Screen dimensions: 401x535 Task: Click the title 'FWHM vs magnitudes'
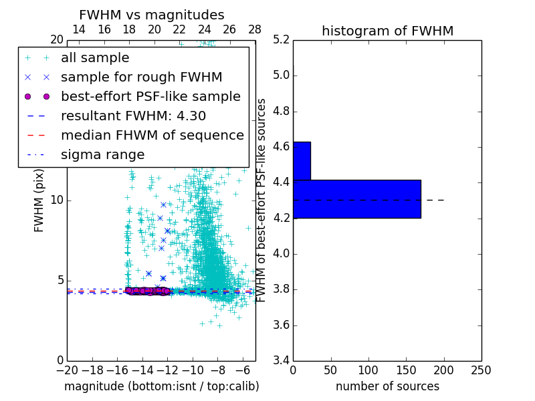click(x=151, y=15)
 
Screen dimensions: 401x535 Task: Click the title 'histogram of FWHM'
click(x=387, y=31)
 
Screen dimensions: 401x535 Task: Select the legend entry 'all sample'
click(x=95, y=58)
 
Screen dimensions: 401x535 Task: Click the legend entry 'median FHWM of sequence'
click(x=152, y=135)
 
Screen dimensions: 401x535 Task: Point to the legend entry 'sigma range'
click(x=102, y=154)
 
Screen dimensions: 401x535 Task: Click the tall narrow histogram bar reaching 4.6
click(x=302, y=160)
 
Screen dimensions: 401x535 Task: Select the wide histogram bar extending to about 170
click(x=357, y=198)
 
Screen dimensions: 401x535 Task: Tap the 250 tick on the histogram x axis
click(x=481, y=370)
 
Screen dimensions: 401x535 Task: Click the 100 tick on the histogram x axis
click(x=368, y=370)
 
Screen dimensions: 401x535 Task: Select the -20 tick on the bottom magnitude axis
click(x=67, y=370)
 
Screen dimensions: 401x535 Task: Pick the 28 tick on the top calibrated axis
click(x=255, y=29)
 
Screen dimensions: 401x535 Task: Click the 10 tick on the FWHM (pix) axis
click(x=57, y=200)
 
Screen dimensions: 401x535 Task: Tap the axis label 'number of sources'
click(x=387, y=386)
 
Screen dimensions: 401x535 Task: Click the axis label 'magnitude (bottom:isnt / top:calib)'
click(x=161, y=386)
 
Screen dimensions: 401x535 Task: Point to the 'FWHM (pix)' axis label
click(x=39, y=200)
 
